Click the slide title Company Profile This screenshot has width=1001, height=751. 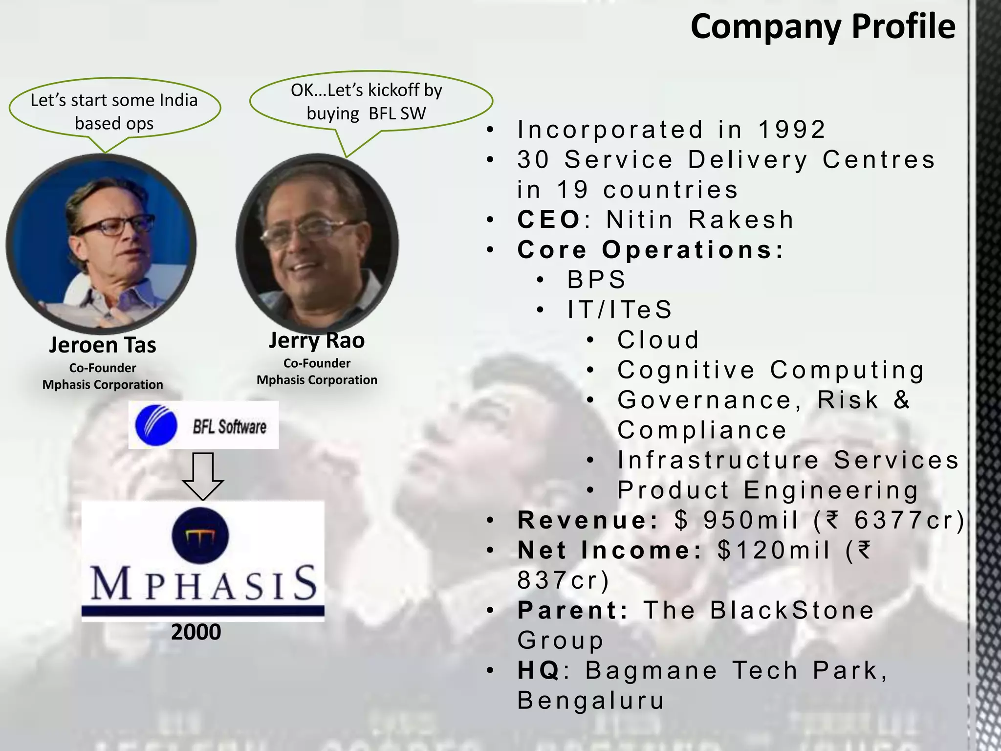click(x=823, y=27)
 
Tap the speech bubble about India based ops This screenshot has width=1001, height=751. click(x=114, y=111)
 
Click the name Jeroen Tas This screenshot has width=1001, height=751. click(x=103, y=345)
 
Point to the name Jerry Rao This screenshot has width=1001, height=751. click(x=317, y=340)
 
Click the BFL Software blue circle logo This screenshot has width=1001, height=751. click(x=156, y=425)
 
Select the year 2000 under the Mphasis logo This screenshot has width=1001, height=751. click(x=196, y=632)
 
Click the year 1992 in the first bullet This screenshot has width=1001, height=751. click(x=791, y=130)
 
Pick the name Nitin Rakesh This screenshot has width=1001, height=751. click(x=700, y=220)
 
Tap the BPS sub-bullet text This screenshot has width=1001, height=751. click(x=596, y=280)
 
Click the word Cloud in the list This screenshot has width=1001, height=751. click(x=658, y=340)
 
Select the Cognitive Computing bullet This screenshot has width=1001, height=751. click(x=771, y=370)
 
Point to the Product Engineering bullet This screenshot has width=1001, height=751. click(x=768, y=490)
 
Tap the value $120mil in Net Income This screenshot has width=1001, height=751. click(x=774, y=551)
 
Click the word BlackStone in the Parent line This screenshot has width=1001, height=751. click(x=792, y=611)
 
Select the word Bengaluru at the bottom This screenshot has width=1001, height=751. click(x=591, y=701)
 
